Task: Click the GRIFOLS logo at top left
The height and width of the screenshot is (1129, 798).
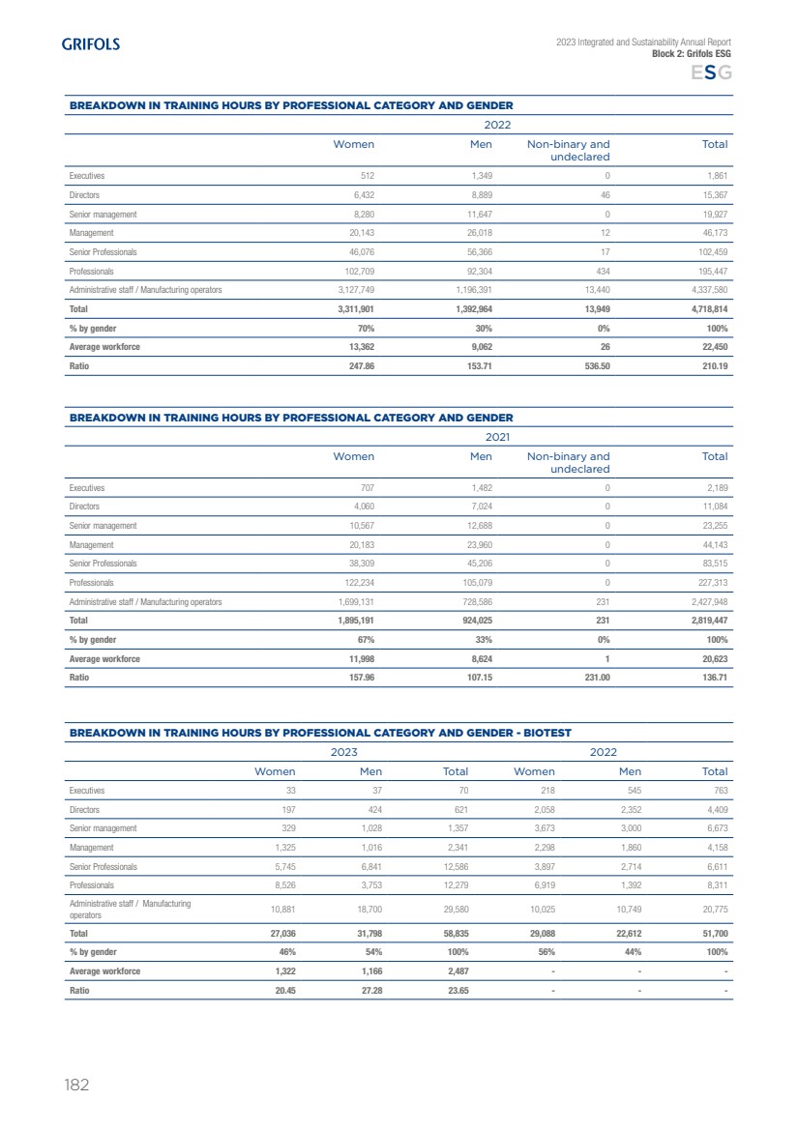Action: click(x=91, y=44)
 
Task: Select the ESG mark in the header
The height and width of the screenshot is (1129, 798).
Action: click(x=711, y=73)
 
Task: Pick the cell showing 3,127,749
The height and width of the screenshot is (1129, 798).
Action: click(x=352, y=290)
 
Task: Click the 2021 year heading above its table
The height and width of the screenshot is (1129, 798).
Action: click(x=497, y=437)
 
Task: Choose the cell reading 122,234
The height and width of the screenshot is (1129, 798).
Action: click(x=355, y=583)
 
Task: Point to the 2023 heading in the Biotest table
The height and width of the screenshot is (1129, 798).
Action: click(x=344, y=751)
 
